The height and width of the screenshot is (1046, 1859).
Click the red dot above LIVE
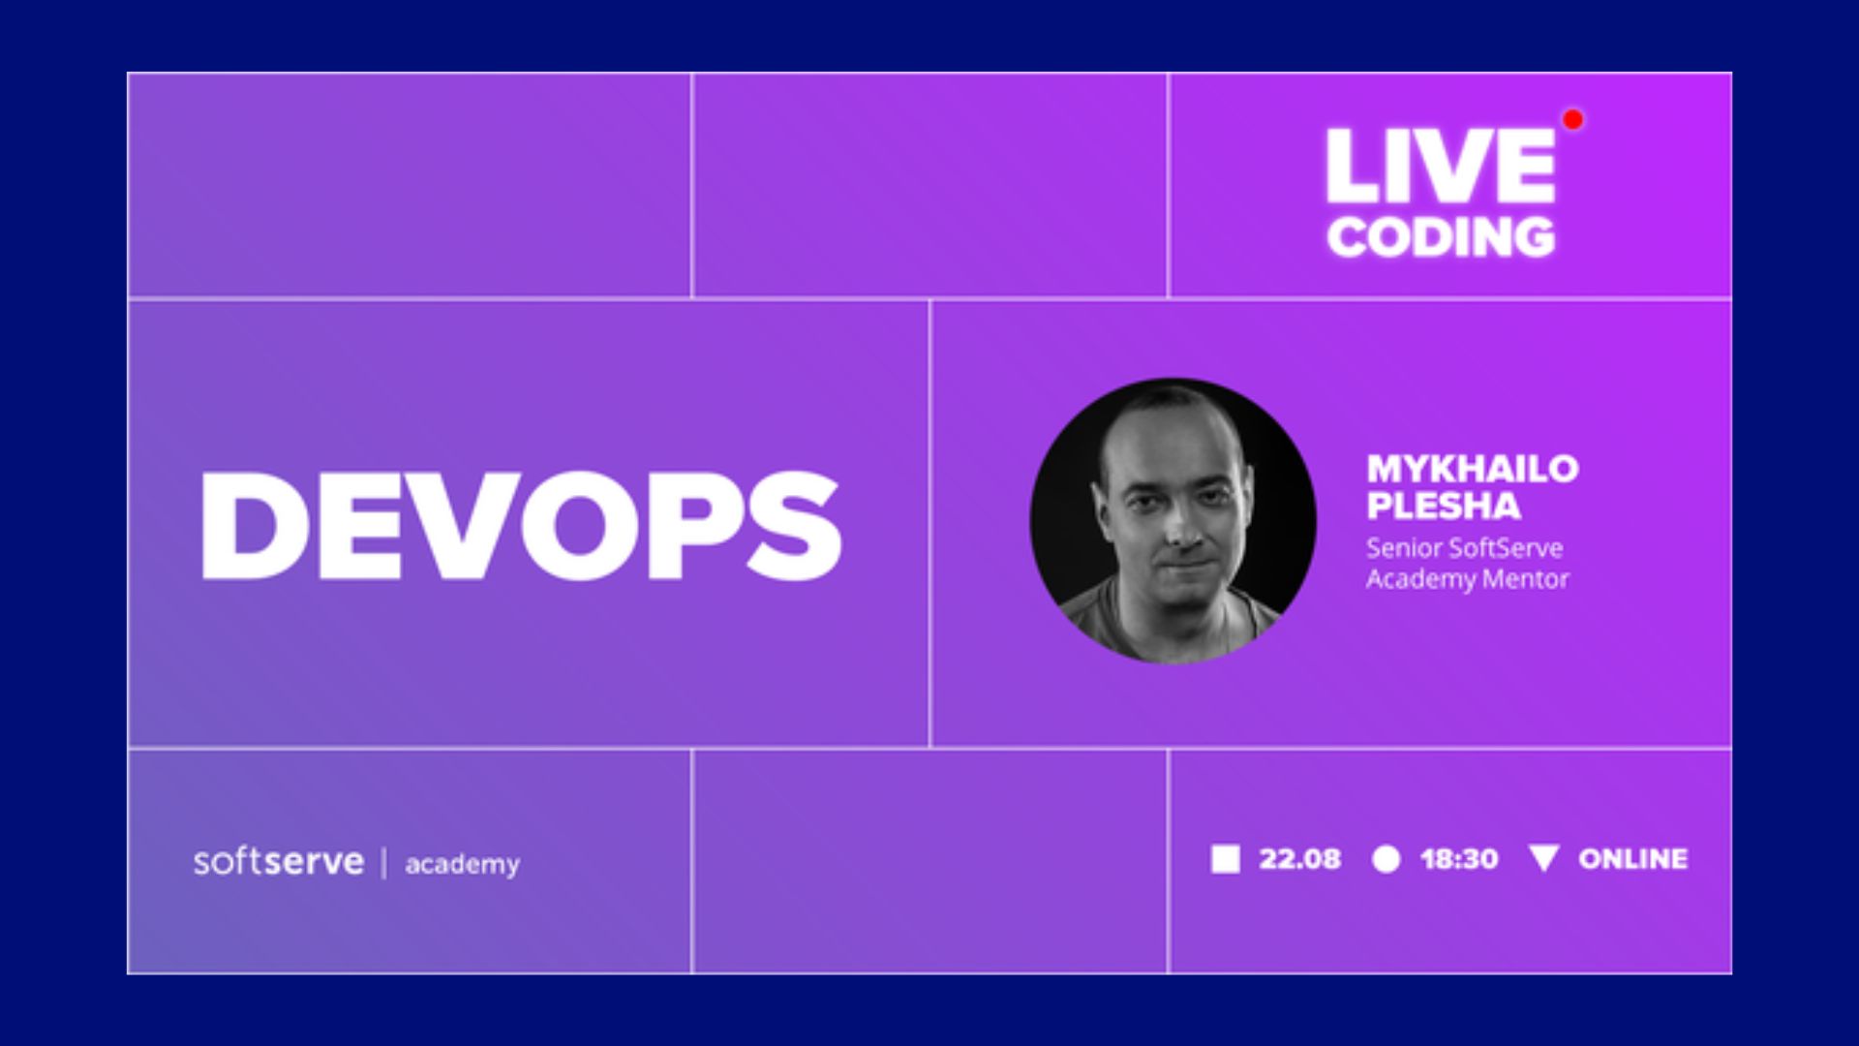1572,119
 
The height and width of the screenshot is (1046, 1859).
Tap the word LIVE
1440,166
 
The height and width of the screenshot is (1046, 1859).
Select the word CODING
1441,237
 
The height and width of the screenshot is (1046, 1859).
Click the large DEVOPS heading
521,526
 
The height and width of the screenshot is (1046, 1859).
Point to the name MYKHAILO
1473,469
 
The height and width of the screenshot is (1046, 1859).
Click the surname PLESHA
1444,507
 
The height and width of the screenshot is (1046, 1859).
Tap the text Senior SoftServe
1464,548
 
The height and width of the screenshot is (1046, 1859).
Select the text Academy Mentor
1467,579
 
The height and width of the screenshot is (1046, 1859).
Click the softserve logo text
279,861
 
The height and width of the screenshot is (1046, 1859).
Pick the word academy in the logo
462,864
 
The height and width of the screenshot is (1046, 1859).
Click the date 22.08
1299,859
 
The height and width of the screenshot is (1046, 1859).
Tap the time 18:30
1459,859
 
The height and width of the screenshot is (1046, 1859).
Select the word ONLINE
1632,859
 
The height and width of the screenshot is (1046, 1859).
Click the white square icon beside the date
1225,859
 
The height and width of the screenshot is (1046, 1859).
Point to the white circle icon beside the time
1386,859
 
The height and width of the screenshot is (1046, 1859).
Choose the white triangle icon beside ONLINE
1543,856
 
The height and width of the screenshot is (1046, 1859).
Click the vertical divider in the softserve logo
384,862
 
